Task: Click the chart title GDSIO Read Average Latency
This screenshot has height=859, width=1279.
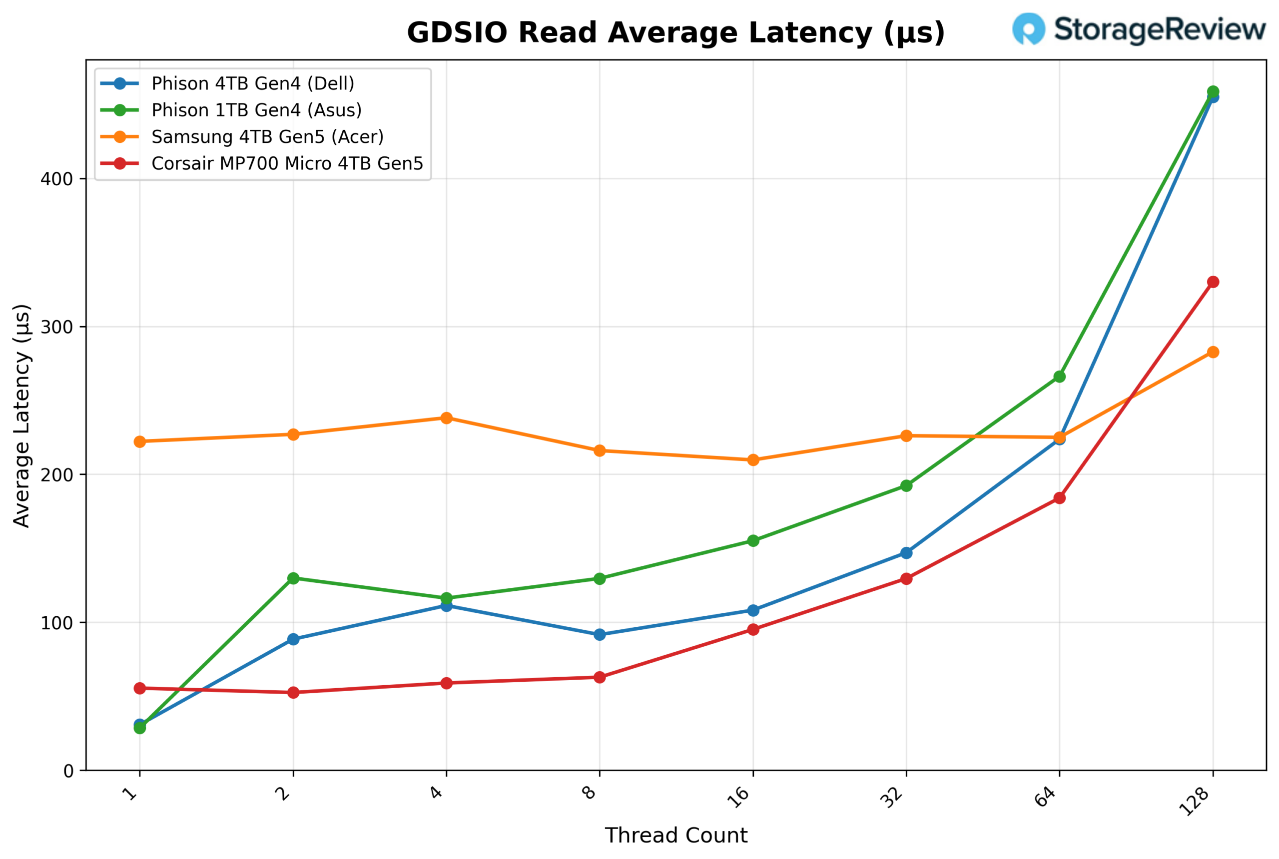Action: click(675, 32)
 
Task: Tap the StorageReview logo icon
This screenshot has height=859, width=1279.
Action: click(1028, 28)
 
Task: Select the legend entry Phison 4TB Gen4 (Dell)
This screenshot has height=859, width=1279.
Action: click(253, 84)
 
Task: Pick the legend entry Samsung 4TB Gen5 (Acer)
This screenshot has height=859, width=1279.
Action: click(267, 137)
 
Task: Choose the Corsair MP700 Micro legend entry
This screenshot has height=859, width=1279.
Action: click(287, 164)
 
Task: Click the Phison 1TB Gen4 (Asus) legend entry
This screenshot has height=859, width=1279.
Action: click(256, 110)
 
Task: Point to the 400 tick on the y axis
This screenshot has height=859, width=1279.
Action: click(56, 179)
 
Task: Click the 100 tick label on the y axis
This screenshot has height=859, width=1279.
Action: click(56, 623)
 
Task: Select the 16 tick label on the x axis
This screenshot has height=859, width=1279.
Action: click(739, 797)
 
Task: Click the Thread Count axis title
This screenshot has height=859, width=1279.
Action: click(675, 836)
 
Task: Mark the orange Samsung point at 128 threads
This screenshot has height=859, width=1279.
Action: click(1213, 352)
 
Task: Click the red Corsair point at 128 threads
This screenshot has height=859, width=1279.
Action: click(1213, 282)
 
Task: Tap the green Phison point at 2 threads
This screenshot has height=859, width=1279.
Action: click(293, 578)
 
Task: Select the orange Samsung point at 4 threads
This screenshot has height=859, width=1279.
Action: click(446, 418)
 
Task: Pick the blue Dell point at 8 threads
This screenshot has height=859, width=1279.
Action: click(600, 634)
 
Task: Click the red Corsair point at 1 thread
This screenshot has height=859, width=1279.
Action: click(140, 688)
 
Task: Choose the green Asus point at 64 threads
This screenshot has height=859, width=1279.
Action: click(1059, 377)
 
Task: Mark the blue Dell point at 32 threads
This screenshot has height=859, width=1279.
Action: click(906, 553)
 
